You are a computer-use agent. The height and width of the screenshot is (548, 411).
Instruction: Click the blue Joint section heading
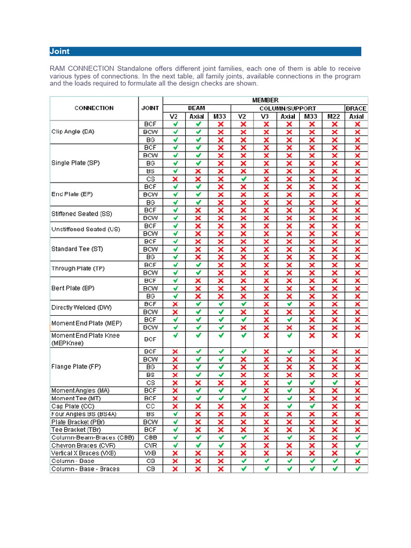[59, 52]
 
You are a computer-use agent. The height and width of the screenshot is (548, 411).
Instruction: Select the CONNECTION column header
[94, 108]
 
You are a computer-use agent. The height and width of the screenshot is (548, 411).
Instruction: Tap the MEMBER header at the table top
[265, 100]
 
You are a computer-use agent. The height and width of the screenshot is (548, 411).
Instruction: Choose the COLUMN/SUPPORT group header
[288, 108]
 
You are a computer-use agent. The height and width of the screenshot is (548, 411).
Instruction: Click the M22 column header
[334, 116]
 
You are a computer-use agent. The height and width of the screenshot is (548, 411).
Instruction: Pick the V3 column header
[265, 116]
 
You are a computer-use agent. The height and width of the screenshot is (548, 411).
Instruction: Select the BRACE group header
[356, 108]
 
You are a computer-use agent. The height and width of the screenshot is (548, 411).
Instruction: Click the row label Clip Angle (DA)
[73, 132]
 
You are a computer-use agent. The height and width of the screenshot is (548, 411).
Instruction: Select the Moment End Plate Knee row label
[86, 339]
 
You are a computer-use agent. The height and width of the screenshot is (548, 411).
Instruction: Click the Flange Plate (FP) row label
[76, 367]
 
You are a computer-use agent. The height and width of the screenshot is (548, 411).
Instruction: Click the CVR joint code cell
[150, 445]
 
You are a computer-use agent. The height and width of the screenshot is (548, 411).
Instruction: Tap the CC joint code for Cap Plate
[150, 406]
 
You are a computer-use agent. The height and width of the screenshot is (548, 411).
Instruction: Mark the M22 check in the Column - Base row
[334, 461]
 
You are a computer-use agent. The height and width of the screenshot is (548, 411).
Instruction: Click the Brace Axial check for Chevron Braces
[357, 445]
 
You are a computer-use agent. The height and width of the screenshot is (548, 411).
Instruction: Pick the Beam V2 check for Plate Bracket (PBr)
[174, 422]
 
